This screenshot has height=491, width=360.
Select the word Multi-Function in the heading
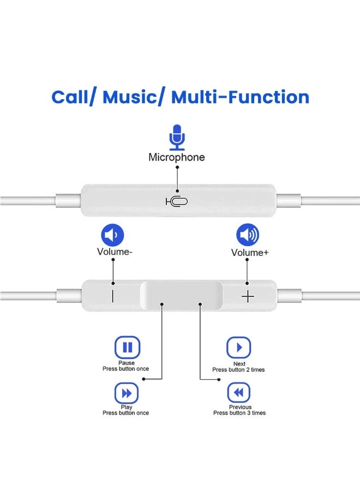(x=240, y=97)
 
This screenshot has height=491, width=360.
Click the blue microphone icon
(x=176, y=137)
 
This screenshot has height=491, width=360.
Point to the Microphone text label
(x=177, y=157)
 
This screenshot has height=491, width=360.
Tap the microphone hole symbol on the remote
(x=177, y=201)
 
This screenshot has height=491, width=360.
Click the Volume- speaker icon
(x=112, y=236)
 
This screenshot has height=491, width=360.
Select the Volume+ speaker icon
(x=248, y=235)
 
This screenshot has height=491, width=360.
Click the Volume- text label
(x=115, y=252)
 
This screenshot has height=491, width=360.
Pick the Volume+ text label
(x=250, y=253)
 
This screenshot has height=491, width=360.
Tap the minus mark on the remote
(x=113, y=296)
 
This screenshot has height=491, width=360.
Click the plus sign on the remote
(x=248, y=296)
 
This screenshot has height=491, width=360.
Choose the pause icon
(x=127, y=348)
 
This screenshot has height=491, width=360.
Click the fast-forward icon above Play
(x=126, y=393)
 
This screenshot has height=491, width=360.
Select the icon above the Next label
(x=239, y=348)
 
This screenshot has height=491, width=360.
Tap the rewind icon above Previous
(x=239, y=393)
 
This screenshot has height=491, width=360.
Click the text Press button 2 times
(x=238, y=370)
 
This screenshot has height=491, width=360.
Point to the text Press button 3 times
(x=239, y=413)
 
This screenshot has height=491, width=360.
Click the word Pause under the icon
(x=126, y=363)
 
